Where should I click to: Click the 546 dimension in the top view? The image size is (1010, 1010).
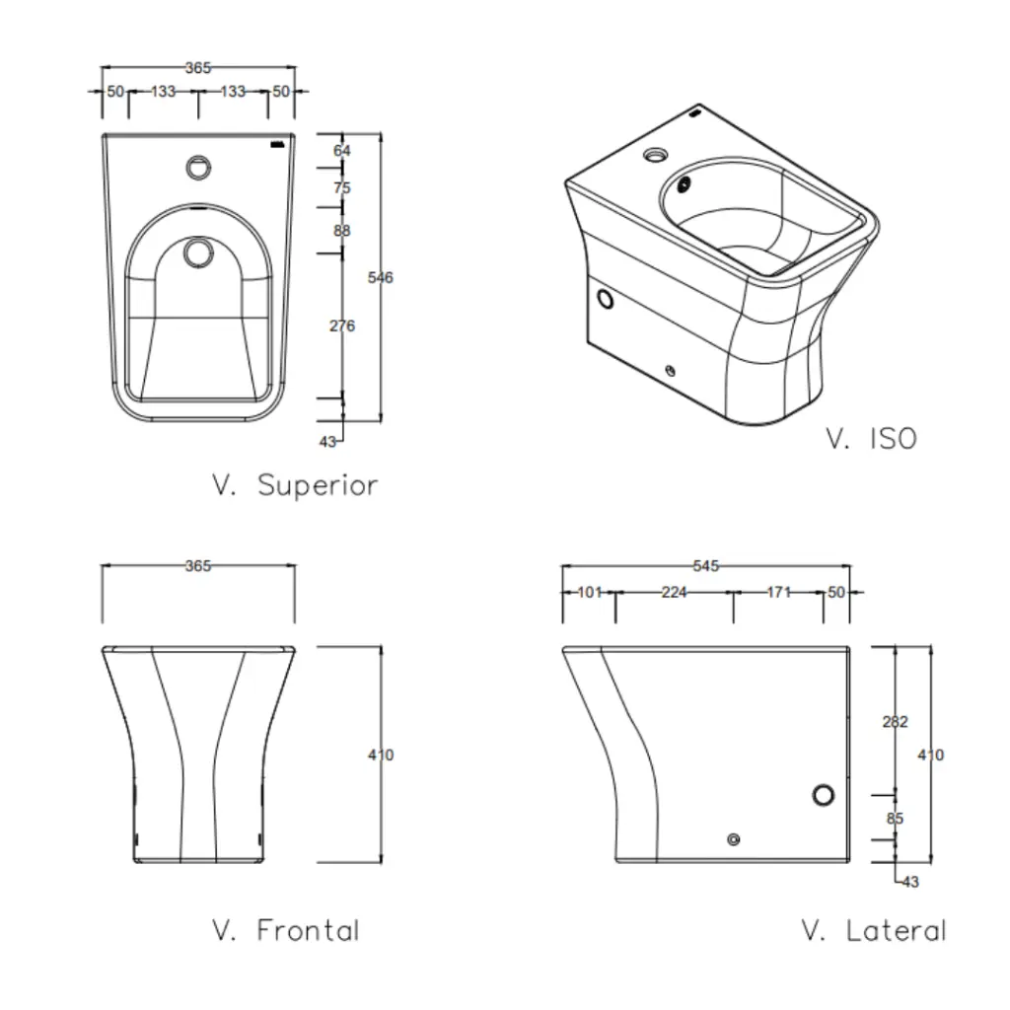tap(380, 277)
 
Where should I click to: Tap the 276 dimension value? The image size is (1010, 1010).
tap(341, 325)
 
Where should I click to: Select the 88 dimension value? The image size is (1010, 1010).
tap(341, 231)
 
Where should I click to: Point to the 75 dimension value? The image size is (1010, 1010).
tap(341, 187)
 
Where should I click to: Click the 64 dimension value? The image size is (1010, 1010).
tap(341, 151)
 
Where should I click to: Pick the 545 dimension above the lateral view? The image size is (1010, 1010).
tap(706, 566)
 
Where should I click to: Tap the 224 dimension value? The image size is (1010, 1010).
tap(674, 592)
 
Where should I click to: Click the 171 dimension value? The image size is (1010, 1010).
tap(779, 592)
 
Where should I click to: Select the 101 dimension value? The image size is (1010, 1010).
tap(589, 592)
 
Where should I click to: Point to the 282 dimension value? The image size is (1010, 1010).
tap(894, 722)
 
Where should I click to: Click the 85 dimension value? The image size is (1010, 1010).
tap(894, 818)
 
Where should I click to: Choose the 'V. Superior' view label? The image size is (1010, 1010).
tap(295, 485)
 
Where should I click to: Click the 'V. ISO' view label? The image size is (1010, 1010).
tap(871, 439)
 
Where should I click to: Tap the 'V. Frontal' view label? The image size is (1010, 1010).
tap(286, 930)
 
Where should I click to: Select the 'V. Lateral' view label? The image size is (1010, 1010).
tap(874, 930)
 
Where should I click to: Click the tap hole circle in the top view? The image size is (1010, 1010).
tap(198, 165)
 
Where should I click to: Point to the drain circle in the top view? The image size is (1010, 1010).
tap(198, 253)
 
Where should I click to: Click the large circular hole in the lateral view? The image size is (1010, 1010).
tap(824, 795)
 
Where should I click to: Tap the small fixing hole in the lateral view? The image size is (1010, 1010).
tap(732, 839)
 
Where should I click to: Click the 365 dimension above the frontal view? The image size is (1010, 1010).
tap(198, 566)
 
